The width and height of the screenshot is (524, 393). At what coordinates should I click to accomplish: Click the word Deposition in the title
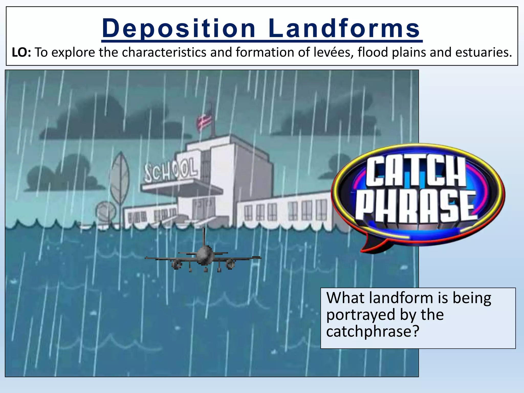[x=179, y=28]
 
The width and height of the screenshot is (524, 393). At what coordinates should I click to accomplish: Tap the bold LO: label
[x=21, y=52]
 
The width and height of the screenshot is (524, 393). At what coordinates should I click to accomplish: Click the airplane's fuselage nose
[x=204, y=253]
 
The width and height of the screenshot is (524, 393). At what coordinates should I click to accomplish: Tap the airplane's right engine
[x=230, y=264]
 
